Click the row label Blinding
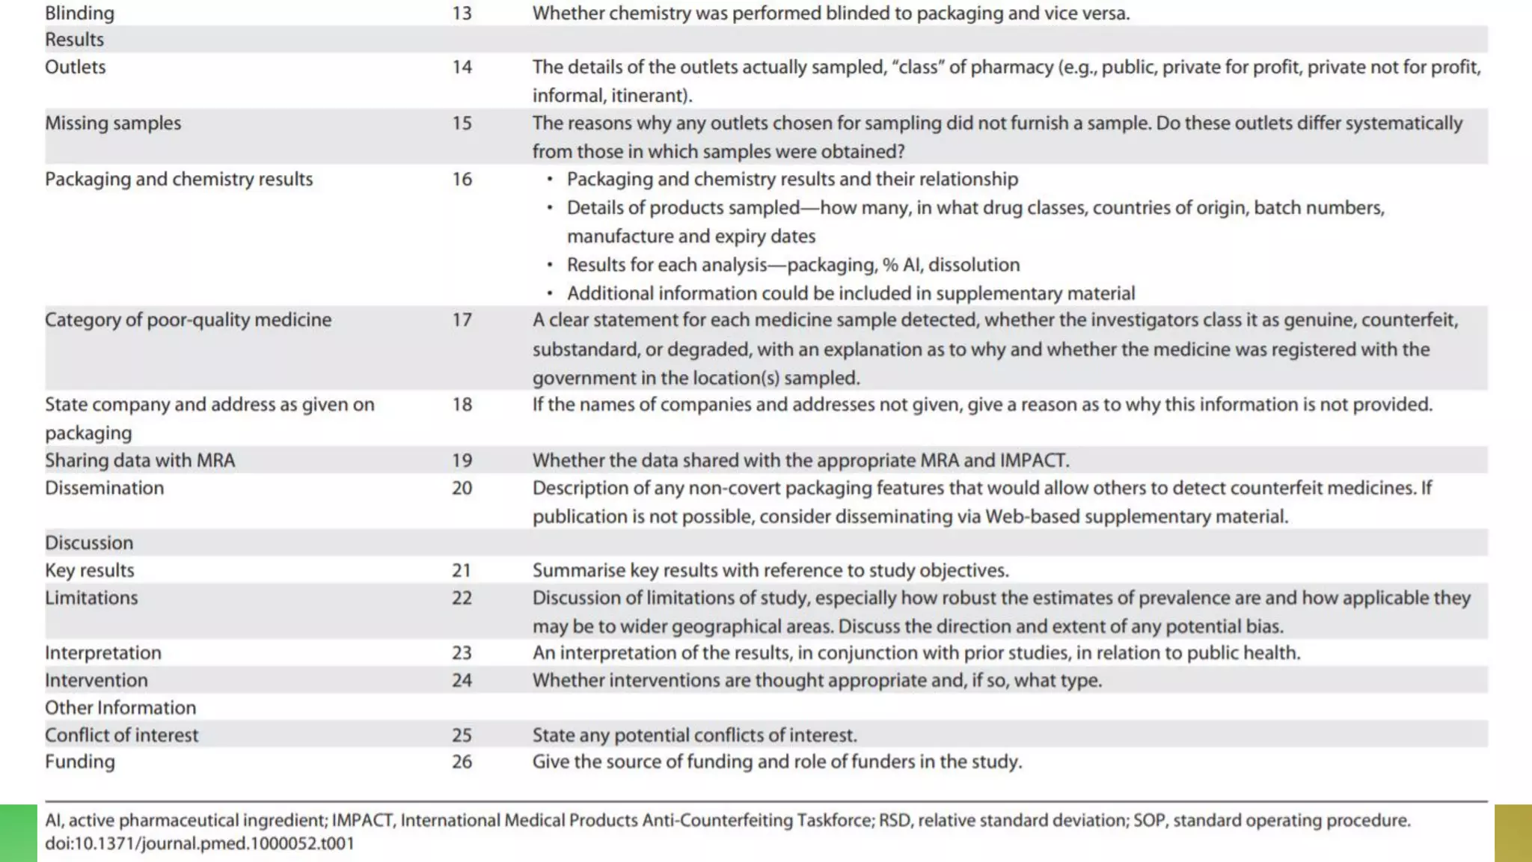79,13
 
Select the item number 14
462,67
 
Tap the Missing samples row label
113,123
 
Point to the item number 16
462,180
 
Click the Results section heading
74,40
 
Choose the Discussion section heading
89,543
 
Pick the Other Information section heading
120,708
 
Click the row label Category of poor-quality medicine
188,320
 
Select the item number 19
462,461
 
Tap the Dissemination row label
104,489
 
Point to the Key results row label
90,571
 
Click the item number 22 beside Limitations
462,599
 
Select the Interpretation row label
103,653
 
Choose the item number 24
462,681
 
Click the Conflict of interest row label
122,736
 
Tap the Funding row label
80,762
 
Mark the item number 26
462,762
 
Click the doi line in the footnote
200,844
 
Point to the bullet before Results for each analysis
550,265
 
